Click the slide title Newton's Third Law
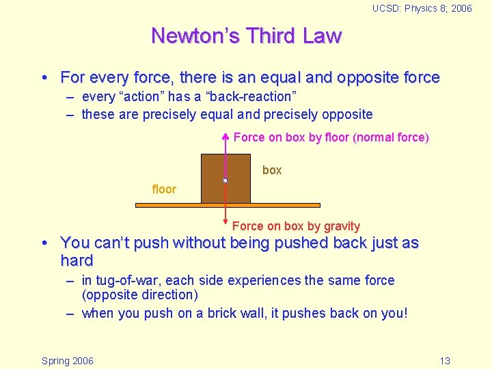[x=246, y=36]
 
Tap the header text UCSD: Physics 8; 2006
[x=422, y=8]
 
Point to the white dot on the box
[x=225, y=181]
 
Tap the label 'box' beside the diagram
[x=272, y=170]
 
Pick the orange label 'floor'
[x=164, y=189]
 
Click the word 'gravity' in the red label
[x=342, y=226]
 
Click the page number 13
[x=445, y=361]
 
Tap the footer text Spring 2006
[x=68, y=361]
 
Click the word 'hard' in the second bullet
[x=77, y=260]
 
